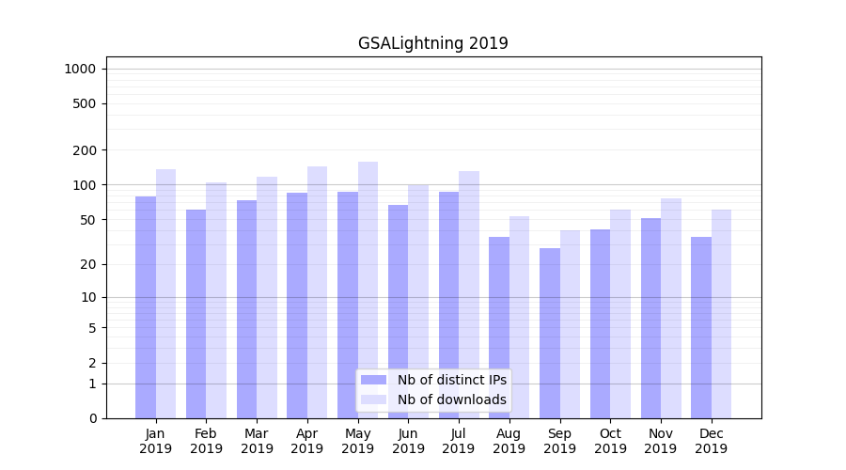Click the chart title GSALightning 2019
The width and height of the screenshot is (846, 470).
pyautogui.click(x=432, y=43)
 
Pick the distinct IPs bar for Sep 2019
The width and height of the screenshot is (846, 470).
pyautogui.click(x=550, y=333)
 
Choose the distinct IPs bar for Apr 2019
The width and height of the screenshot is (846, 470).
pyautogui.click(x=297, y=305)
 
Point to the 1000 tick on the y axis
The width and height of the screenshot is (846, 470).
pyautogui.click(x=80, y=69)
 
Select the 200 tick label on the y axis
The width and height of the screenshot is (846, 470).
pyautogui.click(x=85, y=150)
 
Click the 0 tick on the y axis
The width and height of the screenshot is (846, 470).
pyautogui.click(x=92, y=418)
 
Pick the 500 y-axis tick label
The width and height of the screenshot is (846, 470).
pyautogui.click(x=85, y=103)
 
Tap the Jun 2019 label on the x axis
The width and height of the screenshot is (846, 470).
pyautogui.click(x=408, y=441)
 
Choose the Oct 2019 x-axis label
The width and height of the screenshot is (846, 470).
pyautogui.click(x=610, y=441)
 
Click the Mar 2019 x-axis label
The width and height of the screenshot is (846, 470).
pyautogui.click(x=257, y=441)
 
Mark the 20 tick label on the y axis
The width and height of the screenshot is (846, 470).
pyautogui.click(x=88, y=264)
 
